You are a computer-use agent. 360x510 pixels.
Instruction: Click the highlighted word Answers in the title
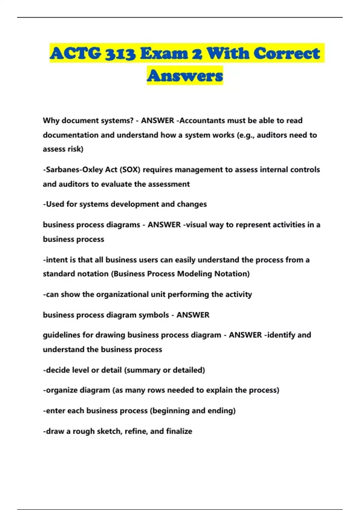[185, 75]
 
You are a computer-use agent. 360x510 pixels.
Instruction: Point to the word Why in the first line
[51, 121]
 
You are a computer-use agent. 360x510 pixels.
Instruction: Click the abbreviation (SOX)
[130, 170]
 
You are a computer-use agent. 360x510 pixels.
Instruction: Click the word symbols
[154, 315]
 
